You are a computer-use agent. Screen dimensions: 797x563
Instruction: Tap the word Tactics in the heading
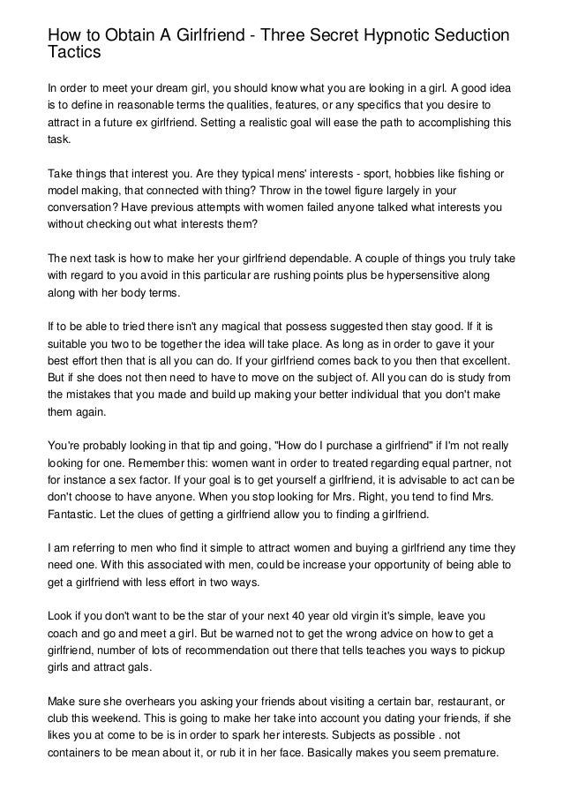(75, 54)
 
